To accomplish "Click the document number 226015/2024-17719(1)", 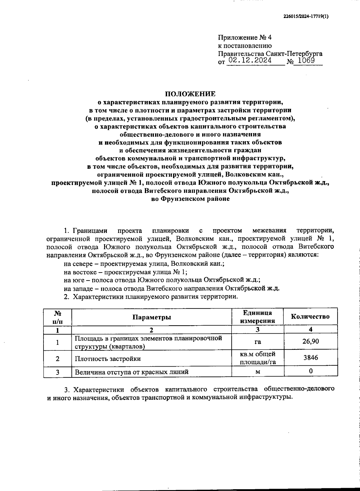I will pyautogui.click(x=306, y=17).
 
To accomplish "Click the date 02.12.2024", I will pyautogui.click(x=249, y=61).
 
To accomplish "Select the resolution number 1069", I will pyautogui.click(x=306, y=61).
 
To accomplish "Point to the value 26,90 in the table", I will pyautogui.click(x=310, y=341).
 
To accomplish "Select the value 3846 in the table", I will pyautogui.click(x=310, y=358).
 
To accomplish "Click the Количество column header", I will pyautogui.click(x=310, y=317).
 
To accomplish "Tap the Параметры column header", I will pyautogui.click(x=152, y=317).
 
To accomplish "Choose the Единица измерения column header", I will pyautogui.click(x=258, y=317).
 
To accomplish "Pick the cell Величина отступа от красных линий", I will pyautogui.click(x=132, y=372).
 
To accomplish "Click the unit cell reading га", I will pyautogui.click(x=258, y=341).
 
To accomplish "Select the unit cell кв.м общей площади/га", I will pyautogui.click(x=258, y=358).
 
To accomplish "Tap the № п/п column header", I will pyautogui.click(x=58, y=317).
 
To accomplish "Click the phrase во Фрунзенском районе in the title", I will pyautogui.click(x=190, y=199).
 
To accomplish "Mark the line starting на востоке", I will pyautogui.click(x=125, y=272).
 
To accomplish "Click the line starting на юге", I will pyautogui.click(x=162, y=280).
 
